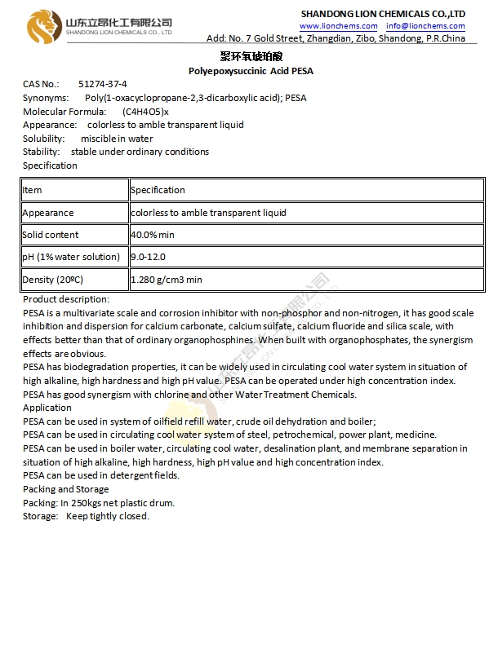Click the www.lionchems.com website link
tap(336, 26)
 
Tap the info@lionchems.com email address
tap(425, 26)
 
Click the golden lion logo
tap(40, 26)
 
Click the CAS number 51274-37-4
tap(103, 84)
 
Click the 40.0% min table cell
tap(153, 235)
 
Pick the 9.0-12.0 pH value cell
tap(149, 257)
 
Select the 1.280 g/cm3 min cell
tap(167, 280)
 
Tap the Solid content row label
tap(51, 235)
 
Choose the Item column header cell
tap(32, 190)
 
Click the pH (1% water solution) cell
tap(71, 257)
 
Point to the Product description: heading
tap(66, 299)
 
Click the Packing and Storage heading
tap(65, 489)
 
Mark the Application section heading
tap(47, 408)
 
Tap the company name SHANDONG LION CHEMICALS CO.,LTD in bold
tap(383, 14)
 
